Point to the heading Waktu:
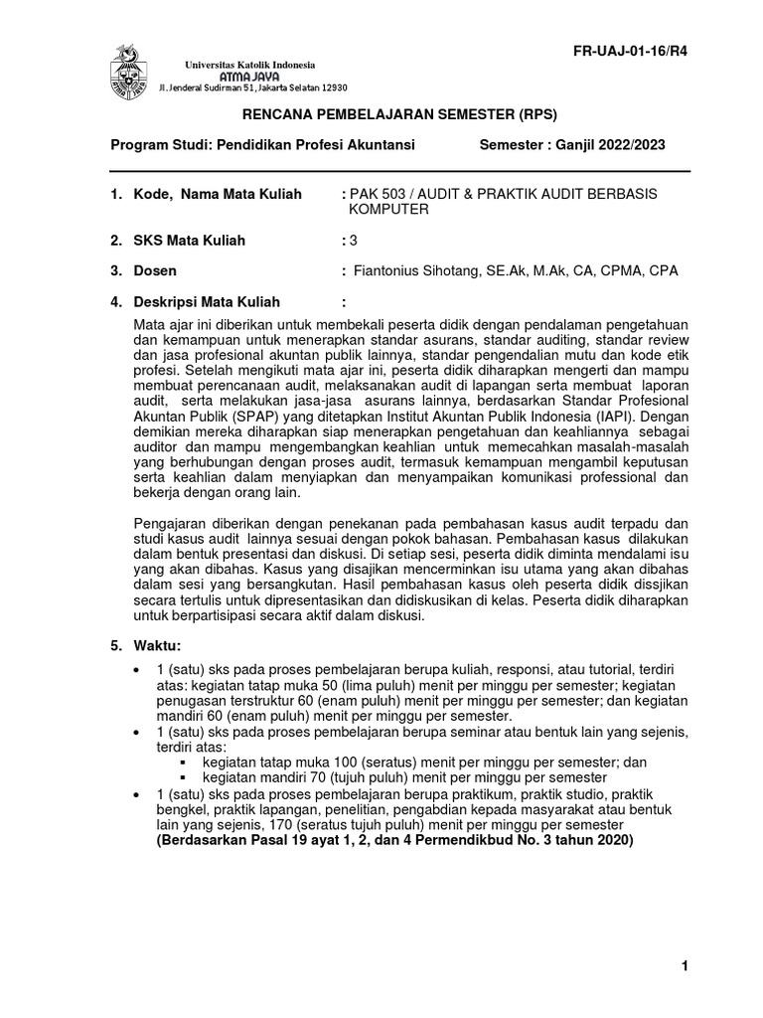pyautogui.click(x=158, y=645)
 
